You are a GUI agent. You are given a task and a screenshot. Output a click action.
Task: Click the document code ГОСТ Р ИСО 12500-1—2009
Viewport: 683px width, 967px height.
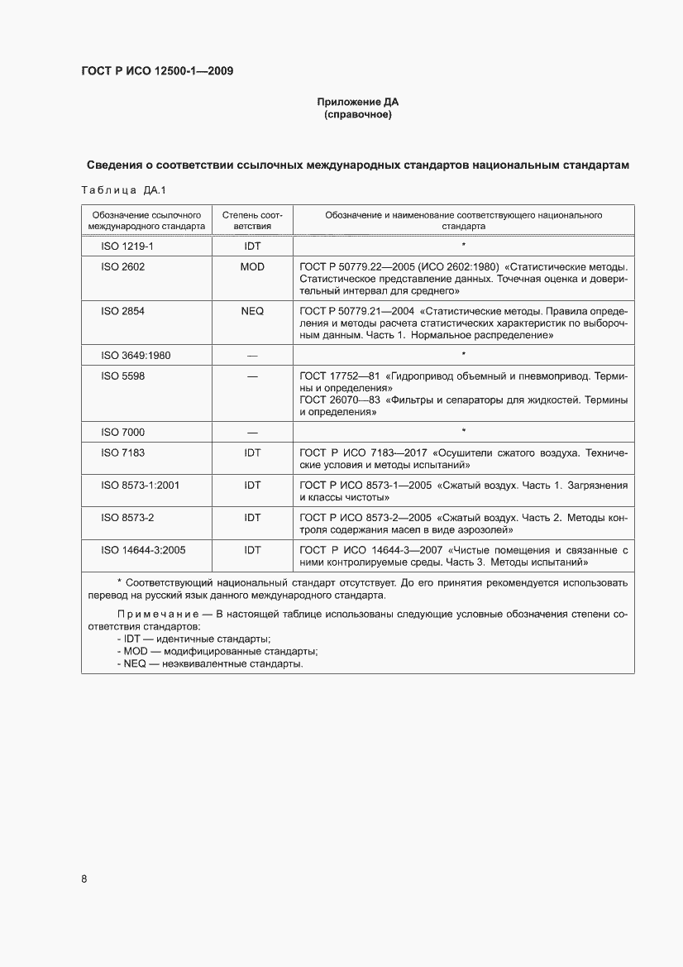click(x=156, y=71)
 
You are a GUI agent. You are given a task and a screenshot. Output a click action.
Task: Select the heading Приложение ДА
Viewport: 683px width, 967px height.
click(x=357, y=102)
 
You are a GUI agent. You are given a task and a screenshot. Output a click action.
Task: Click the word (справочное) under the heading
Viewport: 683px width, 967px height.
click(x=357, y=115)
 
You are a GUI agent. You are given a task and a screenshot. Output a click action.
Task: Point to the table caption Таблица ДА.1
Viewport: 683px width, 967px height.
click(x=124, y=191)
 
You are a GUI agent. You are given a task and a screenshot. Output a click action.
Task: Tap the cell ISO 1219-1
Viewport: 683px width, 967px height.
click(x=122, y=246)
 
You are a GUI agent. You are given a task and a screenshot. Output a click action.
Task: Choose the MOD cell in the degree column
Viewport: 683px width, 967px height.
click(x=252, y=267)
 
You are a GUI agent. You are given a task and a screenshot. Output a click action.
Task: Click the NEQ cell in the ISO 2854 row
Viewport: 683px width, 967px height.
click(x=252, y=311)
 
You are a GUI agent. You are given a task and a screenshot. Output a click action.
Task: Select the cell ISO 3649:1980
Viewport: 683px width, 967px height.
click(x=136, y=355)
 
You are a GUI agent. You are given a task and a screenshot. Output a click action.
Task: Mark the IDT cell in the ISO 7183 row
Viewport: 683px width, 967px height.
click(x=252, y=453)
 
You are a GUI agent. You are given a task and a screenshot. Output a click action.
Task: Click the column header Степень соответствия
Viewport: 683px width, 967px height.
click(x=252, y=220)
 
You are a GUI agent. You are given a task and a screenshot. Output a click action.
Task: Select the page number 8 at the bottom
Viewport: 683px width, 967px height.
click(x=84, y=878)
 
